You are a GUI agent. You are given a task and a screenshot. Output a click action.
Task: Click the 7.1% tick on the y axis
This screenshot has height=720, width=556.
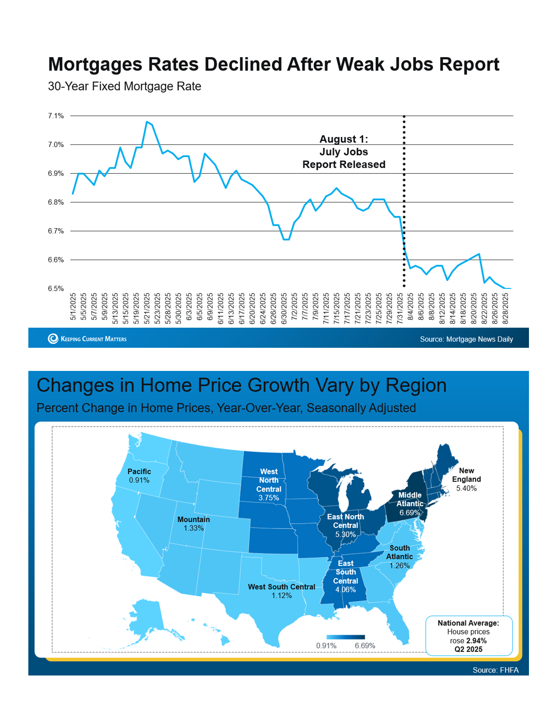click(56, 116)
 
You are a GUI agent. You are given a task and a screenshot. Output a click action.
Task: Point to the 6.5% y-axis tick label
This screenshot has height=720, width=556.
click(56, 288)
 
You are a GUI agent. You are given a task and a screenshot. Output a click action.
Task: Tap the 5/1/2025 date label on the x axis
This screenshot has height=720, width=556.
click(73, 307)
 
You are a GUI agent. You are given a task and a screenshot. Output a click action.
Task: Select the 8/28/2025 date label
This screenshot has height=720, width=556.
click(506, 309)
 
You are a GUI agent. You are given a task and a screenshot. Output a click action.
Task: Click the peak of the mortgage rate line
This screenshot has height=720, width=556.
click(147, 122)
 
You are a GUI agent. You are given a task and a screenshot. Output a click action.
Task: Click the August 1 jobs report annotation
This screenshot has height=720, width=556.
click(344, 152)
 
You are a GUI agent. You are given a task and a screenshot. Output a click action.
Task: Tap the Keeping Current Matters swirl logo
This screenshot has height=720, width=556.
click(53, 339)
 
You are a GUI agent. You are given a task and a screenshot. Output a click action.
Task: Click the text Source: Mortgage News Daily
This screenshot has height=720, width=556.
click(466, 339)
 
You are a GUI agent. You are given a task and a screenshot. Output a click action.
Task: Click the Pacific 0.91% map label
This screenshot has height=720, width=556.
click(139, 476)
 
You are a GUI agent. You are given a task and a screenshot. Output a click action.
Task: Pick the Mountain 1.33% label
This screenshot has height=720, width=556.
click(194, 524)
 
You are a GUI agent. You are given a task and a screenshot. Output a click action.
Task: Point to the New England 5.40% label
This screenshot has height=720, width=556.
click(466, 479)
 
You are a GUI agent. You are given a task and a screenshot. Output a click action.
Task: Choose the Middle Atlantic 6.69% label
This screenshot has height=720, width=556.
click(410, 504)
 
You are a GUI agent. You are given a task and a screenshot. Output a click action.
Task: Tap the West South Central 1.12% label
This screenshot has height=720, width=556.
click(281, 591)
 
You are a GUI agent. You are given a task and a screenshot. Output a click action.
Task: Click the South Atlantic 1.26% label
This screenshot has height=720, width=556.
click(399, 556)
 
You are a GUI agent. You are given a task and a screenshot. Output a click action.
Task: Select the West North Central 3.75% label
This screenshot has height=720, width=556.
click(269, 484)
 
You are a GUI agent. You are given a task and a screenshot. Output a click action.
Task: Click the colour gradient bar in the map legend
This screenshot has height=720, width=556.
click(345, 637)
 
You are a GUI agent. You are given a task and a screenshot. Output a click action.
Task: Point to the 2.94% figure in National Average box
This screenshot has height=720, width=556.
click(476, 641)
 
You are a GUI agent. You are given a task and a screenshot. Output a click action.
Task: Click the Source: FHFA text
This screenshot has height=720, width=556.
click(495, 670)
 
